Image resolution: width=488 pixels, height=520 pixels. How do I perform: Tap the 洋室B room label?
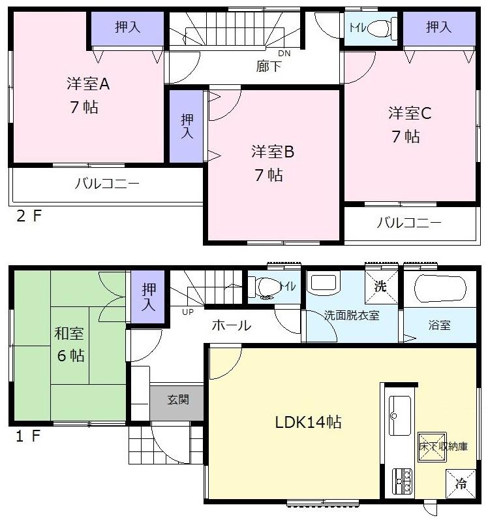273,152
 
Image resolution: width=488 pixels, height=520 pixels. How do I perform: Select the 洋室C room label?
410,112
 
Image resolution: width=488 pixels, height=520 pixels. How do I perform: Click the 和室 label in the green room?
69,334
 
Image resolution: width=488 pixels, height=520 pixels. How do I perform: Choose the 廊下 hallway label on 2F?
268,66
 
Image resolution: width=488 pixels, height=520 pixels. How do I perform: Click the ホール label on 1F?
231,325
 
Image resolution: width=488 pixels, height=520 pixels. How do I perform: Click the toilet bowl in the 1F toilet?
267,287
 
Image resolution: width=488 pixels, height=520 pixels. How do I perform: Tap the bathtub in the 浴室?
440,287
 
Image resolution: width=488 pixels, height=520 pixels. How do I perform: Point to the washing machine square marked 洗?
380,285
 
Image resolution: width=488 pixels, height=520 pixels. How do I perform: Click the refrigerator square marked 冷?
461,484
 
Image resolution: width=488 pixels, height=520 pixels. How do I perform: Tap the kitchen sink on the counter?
399,415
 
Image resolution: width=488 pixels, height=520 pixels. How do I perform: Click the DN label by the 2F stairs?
284,53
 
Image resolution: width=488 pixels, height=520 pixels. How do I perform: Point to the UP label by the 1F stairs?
188,311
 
